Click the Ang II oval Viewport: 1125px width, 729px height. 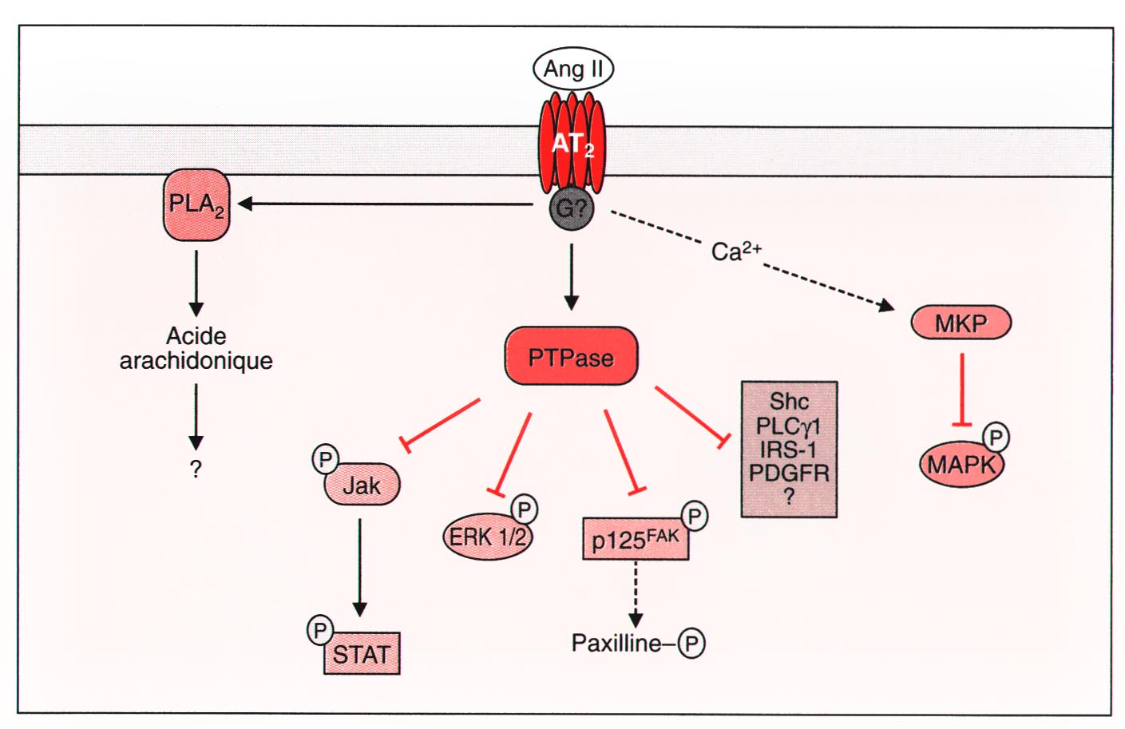[572, 69]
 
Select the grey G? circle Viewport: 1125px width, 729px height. [572, 209]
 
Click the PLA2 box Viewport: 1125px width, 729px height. [196, 205]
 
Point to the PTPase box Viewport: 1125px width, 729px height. [571, 356]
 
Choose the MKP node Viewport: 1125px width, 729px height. [961, 323]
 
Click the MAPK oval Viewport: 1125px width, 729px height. [961, 464]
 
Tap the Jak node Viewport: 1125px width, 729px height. [362, 485]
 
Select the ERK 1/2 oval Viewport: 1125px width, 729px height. [487, 537]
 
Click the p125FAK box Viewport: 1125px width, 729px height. [636, 540]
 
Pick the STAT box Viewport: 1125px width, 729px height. [362, 654]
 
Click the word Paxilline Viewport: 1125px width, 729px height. [616, 643]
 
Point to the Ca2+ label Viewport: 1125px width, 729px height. [735, 252]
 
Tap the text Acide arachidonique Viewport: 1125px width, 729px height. [196, 348]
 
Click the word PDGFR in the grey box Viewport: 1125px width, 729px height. [788, 473]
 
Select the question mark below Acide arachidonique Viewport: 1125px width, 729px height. [196, 469]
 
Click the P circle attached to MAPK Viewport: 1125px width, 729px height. [995, 437]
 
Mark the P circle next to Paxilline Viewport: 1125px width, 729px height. [691, 644]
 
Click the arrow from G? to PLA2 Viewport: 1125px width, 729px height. [383, 204]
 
